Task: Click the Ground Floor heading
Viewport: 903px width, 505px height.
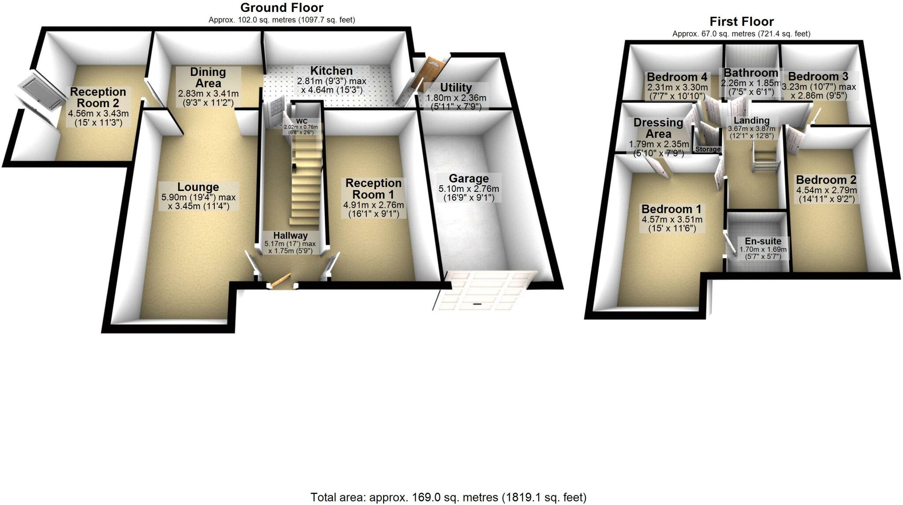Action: tap(282, 8)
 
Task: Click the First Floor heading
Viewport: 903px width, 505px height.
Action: tap(741, 22)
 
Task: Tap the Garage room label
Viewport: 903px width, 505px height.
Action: tap(468, 179)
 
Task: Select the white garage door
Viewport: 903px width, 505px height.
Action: tap(483, 291)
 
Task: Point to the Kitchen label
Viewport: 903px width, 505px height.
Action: tap(331, 71)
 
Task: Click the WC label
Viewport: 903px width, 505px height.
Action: tap(302, 121)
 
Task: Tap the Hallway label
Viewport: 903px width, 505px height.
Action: tap(290, 236)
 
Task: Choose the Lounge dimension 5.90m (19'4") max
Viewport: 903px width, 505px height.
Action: tap(198, 198)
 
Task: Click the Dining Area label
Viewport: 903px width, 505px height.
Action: tap(208, 77)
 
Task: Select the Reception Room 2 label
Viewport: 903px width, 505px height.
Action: tap(98, 97)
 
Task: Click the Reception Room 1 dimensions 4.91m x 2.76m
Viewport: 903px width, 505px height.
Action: tap(373, 205)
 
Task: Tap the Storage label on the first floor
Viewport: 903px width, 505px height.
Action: tap(708, 150)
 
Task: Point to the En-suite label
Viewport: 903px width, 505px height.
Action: tap(763, 241)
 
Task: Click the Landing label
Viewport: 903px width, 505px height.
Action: tap(751, 120)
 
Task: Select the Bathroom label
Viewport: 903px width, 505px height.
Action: tap(751, 73)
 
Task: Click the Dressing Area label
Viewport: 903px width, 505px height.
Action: tap(658, 128)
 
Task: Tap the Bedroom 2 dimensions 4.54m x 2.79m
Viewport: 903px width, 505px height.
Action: tap(826, 191)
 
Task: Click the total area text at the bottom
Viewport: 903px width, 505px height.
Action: tap(448, 498)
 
